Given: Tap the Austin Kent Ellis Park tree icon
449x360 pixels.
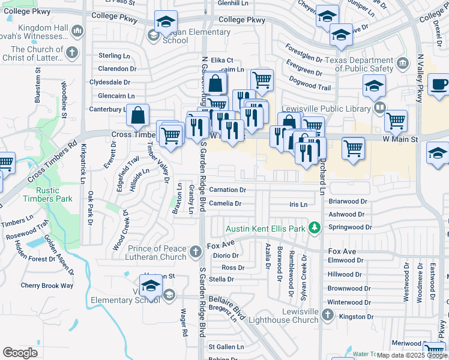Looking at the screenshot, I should pos(313,227).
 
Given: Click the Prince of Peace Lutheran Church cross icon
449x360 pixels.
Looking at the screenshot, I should pos(196,252).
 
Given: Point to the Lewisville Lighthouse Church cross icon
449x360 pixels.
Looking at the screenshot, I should pos(327,314).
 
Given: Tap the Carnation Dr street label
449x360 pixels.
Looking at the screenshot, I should pos(228,190).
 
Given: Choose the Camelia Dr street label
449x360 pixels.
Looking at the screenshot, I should pos(225,203).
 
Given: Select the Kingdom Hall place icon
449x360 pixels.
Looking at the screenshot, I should pos(77,29).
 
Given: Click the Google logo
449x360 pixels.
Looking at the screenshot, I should pos(20,353).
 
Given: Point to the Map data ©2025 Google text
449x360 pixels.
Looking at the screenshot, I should pos(412,355).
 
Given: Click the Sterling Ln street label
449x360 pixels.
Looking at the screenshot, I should pos(114,56).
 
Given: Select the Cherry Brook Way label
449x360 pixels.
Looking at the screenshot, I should pos(47,286).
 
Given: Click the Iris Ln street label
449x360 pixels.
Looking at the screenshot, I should pos(298,205).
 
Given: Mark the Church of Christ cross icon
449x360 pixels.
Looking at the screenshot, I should pos(72,52).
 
